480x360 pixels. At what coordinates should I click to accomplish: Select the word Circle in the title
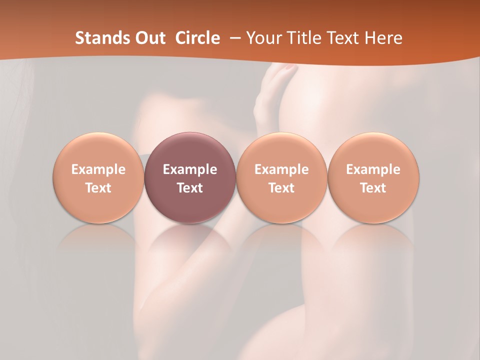click(x=197, y=38)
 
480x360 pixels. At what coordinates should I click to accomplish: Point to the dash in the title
click(x=233, y=38)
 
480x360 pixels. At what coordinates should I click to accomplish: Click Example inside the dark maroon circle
click(x=190, y=169)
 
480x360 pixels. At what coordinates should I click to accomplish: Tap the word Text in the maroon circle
click(x=190, y=188)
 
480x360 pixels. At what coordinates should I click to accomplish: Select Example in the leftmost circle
click(x=98, y=169)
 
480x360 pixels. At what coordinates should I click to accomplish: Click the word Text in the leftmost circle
click(x=98, y=188)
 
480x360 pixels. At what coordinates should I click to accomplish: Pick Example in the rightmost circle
click(x=373, y=169)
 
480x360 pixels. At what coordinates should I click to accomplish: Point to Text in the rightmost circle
click(x=373, y=188)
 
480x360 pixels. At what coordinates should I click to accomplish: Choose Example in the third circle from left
click(x=281, y=169)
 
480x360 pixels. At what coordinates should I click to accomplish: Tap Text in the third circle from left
click(x=281, y=188)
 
